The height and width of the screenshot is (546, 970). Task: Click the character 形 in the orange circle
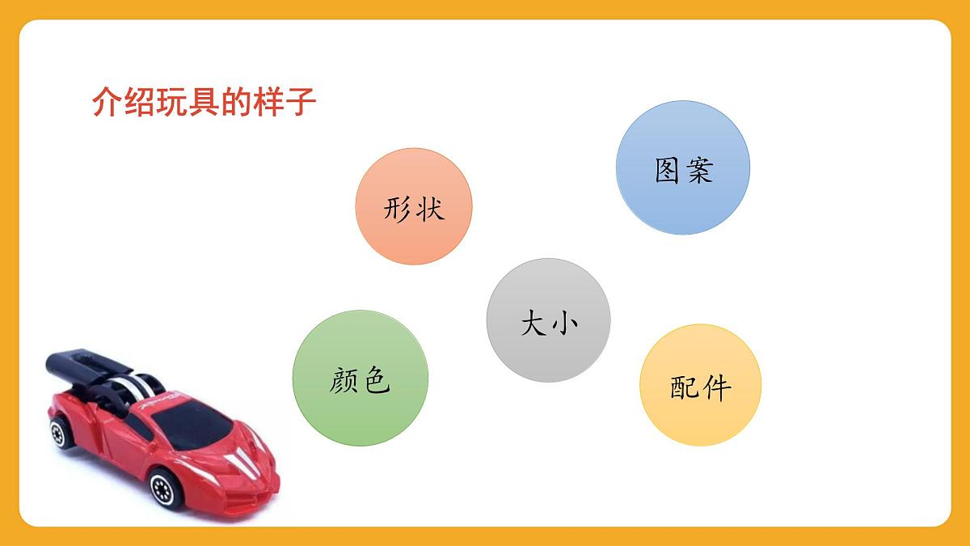point(398,209)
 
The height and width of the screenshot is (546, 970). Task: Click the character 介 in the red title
point(105,103)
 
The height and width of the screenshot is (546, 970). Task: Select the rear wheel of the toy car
point(59,433)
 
